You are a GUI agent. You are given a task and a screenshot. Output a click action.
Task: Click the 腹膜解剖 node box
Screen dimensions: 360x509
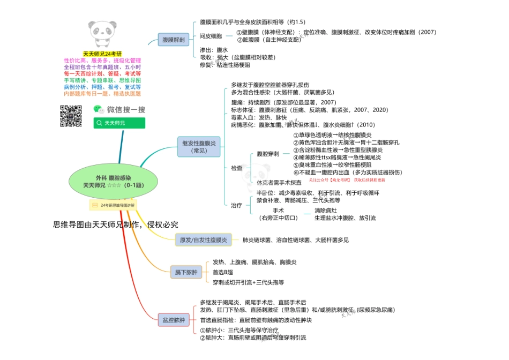tap(174, 40)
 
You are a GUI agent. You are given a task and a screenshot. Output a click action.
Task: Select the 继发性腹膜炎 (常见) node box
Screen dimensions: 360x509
tap(198, 147)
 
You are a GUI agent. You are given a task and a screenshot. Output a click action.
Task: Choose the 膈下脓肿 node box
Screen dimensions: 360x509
tap(186, 273)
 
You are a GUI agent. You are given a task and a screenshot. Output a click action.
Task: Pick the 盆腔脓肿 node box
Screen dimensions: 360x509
tap(174, 320)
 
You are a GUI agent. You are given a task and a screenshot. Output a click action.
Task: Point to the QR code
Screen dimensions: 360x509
tap(70, 116)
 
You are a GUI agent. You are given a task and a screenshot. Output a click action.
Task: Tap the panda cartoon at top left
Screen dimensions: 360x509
tap(103, 31)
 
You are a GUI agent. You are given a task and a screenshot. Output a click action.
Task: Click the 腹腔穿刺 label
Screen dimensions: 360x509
tap(267, 154)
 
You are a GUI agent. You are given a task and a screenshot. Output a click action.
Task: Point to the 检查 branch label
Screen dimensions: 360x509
tap(236, 168)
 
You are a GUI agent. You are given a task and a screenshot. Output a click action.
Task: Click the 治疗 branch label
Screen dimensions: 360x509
tap(236, 205)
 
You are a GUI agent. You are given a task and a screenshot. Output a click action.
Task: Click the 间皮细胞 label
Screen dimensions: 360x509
tap(211, 36)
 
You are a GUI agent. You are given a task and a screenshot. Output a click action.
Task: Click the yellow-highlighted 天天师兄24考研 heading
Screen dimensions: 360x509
tap(102, 54)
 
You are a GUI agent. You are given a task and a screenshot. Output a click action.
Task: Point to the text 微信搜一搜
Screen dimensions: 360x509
tap(126, 109)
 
